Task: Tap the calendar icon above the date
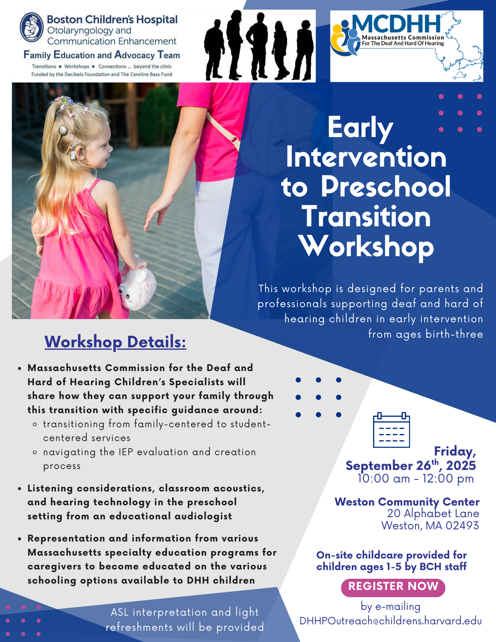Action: pos(391,430)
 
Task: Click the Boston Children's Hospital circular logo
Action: pos(31,27)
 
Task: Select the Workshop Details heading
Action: pos(115,342)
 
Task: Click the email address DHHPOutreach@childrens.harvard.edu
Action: pos(390,621)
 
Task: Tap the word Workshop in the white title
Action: pos(367,247)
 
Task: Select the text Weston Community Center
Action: pos(407,501)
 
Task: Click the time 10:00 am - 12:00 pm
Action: pos(416,479)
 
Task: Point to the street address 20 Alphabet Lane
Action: pos(433,513)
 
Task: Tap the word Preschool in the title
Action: pos(386,187)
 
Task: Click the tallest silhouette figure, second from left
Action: pos(234,45)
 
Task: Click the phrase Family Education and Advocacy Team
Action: pos(102,55)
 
